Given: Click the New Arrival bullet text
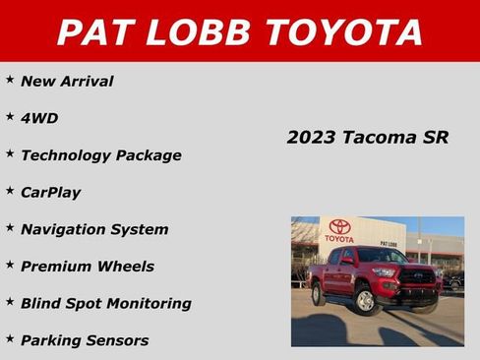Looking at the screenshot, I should pos(67,82).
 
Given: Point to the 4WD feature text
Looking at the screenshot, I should pos(39,118).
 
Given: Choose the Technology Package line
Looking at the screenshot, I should pos(100,155).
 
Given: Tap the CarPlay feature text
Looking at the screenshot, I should pos(51,193).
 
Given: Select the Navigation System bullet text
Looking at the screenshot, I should pos(94,229).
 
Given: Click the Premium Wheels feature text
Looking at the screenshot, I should pos(88,267).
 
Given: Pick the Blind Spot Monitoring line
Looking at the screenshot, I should pos(106,304).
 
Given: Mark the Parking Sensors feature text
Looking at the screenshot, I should pos(85,341).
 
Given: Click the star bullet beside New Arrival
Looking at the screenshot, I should pos(10,80).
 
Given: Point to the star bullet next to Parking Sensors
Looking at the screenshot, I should pos(10,338).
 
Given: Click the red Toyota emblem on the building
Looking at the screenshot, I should pos(340,227).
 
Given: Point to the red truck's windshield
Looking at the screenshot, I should pos(382,257).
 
